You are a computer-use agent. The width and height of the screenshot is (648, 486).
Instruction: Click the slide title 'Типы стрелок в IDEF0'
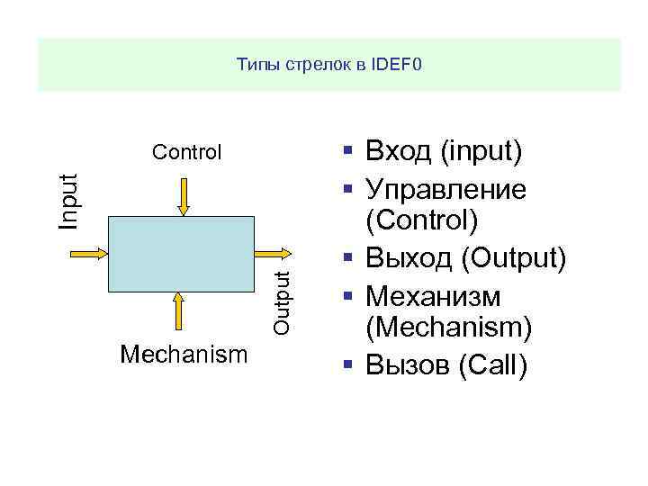pos(328,65)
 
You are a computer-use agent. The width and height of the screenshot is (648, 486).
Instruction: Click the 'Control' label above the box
pos(186,152)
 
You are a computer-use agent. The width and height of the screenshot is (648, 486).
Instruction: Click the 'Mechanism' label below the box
pos(184,355)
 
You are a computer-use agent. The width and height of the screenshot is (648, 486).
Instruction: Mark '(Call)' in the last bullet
pos(491,365)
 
